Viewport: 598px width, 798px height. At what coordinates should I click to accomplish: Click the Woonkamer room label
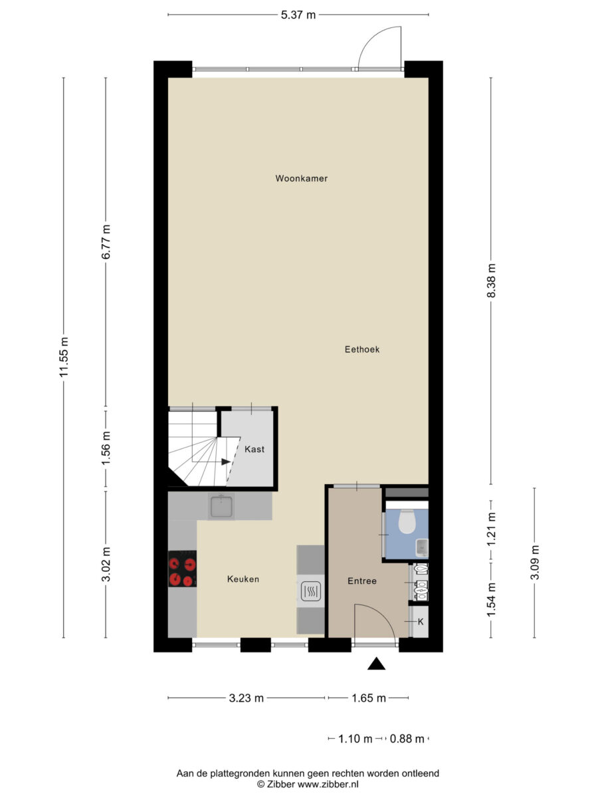pos(302,178)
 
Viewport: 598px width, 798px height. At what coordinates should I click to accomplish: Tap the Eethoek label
pos(362,349)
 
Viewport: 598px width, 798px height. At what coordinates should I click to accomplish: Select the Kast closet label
pos(254,450)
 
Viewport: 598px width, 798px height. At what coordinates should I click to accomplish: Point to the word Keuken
pos(243,579)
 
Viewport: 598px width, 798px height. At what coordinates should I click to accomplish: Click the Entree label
pos(362,581)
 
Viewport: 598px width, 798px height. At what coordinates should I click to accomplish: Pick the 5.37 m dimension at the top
pos(298,15)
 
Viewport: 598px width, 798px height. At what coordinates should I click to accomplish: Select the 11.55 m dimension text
pos(64,357)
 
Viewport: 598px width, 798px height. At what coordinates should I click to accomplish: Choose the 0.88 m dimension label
pos(407,739)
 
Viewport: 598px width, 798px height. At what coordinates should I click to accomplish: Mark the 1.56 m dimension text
pos(106,448)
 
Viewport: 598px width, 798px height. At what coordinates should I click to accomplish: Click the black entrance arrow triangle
pos(376,664)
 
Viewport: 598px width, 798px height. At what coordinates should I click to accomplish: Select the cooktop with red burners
pos(182,569)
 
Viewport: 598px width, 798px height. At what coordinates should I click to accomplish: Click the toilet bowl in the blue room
pos(407,521)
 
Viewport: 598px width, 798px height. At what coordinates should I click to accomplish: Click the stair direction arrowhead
pos(226,462)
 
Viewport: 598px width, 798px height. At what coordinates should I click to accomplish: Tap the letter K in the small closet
pos(421,622)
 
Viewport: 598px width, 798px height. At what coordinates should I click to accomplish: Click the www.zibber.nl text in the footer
pos(328,784)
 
